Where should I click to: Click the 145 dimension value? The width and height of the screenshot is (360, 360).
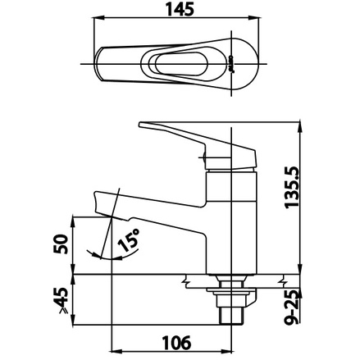(x=180, y=10)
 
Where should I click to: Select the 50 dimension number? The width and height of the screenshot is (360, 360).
(x=61, y=244)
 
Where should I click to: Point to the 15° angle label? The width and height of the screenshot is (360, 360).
(x=129, y=239)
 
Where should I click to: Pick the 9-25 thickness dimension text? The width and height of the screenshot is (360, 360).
(x=291, y=307)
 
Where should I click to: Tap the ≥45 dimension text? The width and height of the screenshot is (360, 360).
(x=61, y=300)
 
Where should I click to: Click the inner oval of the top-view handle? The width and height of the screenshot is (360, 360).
(x=181, y=64)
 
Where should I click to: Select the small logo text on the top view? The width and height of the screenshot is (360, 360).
(x=230, y=64)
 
